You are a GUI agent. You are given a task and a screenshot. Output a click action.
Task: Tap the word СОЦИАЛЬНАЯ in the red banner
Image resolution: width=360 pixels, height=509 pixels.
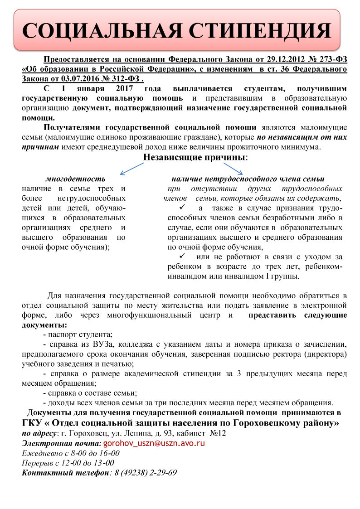tap(95, 31)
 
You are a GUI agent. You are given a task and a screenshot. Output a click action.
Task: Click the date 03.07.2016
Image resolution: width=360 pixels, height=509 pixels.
tap(73, 78)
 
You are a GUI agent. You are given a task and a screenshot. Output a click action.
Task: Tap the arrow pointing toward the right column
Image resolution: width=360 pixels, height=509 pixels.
tap(234, 169)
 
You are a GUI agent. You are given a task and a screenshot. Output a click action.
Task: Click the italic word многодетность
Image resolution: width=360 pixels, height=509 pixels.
tap(75, 179)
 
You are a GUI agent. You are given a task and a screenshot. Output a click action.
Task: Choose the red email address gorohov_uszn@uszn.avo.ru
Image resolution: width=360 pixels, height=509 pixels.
tap(154, 443)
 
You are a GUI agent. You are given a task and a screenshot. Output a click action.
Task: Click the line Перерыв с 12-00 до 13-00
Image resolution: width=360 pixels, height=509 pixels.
tap(68, 463)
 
